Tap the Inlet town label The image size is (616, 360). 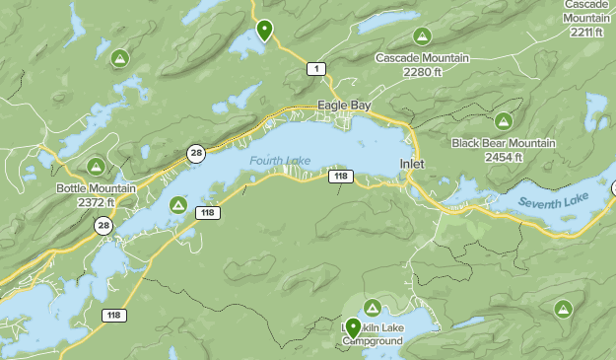[412, 163]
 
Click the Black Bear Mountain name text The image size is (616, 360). [503, 143]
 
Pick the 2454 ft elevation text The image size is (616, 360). [503, 157]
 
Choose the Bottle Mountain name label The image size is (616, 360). [96, 188]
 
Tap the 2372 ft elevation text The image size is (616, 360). [96, 202]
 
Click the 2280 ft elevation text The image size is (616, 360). [422, 71]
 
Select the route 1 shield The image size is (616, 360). [315, 68]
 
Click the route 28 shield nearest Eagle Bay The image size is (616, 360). [197, 152]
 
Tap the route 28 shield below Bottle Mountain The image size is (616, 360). [103, 226]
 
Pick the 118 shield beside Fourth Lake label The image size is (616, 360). [340, 176]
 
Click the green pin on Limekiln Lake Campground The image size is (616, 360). [353, 328]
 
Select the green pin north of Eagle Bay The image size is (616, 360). [264, 30]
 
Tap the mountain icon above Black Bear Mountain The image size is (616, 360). [503, 121]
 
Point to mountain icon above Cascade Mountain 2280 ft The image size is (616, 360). [422, 36]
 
